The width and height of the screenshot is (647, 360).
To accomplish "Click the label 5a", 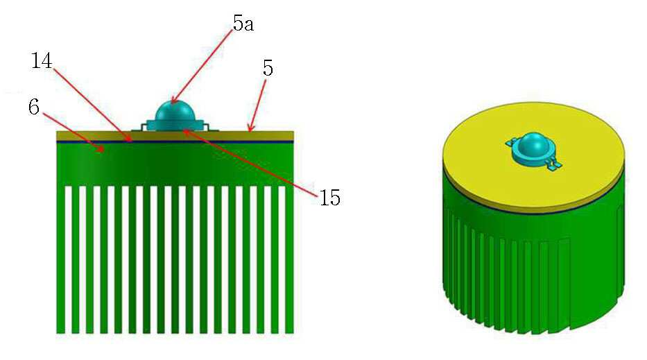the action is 243,24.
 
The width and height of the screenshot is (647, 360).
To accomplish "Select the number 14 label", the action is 42,61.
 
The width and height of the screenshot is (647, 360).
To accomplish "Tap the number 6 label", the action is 34,107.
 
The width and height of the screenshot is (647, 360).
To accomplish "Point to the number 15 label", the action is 329,198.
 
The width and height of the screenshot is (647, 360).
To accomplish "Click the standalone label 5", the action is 268,68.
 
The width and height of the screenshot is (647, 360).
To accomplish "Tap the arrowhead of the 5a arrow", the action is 173,101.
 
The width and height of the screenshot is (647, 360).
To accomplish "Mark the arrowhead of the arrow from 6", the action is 100,150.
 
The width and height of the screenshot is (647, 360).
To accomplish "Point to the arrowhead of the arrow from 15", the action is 185,131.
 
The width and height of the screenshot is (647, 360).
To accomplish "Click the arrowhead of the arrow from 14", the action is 130,139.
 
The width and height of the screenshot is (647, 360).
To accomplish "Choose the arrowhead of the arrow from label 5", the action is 250,129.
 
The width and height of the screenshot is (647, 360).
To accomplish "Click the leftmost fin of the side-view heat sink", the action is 60,259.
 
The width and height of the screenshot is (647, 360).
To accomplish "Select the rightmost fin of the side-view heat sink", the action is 289,259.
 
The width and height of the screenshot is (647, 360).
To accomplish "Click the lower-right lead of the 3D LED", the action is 554,165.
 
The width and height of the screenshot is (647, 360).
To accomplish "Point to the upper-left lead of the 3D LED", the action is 510,143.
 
